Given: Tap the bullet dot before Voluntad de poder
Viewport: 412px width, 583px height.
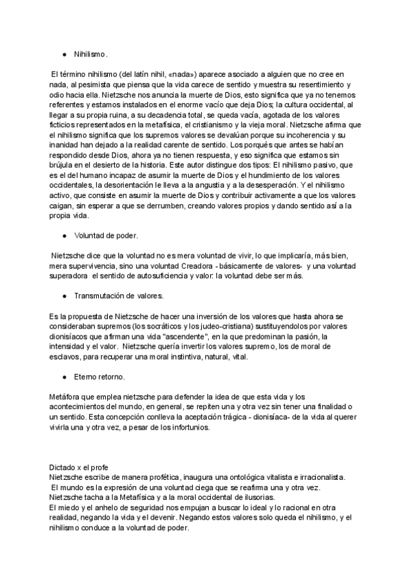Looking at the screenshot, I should coord(64,235).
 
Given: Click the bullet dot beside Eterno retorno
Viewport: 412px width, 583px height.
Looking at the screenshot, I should coord(64,377).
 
